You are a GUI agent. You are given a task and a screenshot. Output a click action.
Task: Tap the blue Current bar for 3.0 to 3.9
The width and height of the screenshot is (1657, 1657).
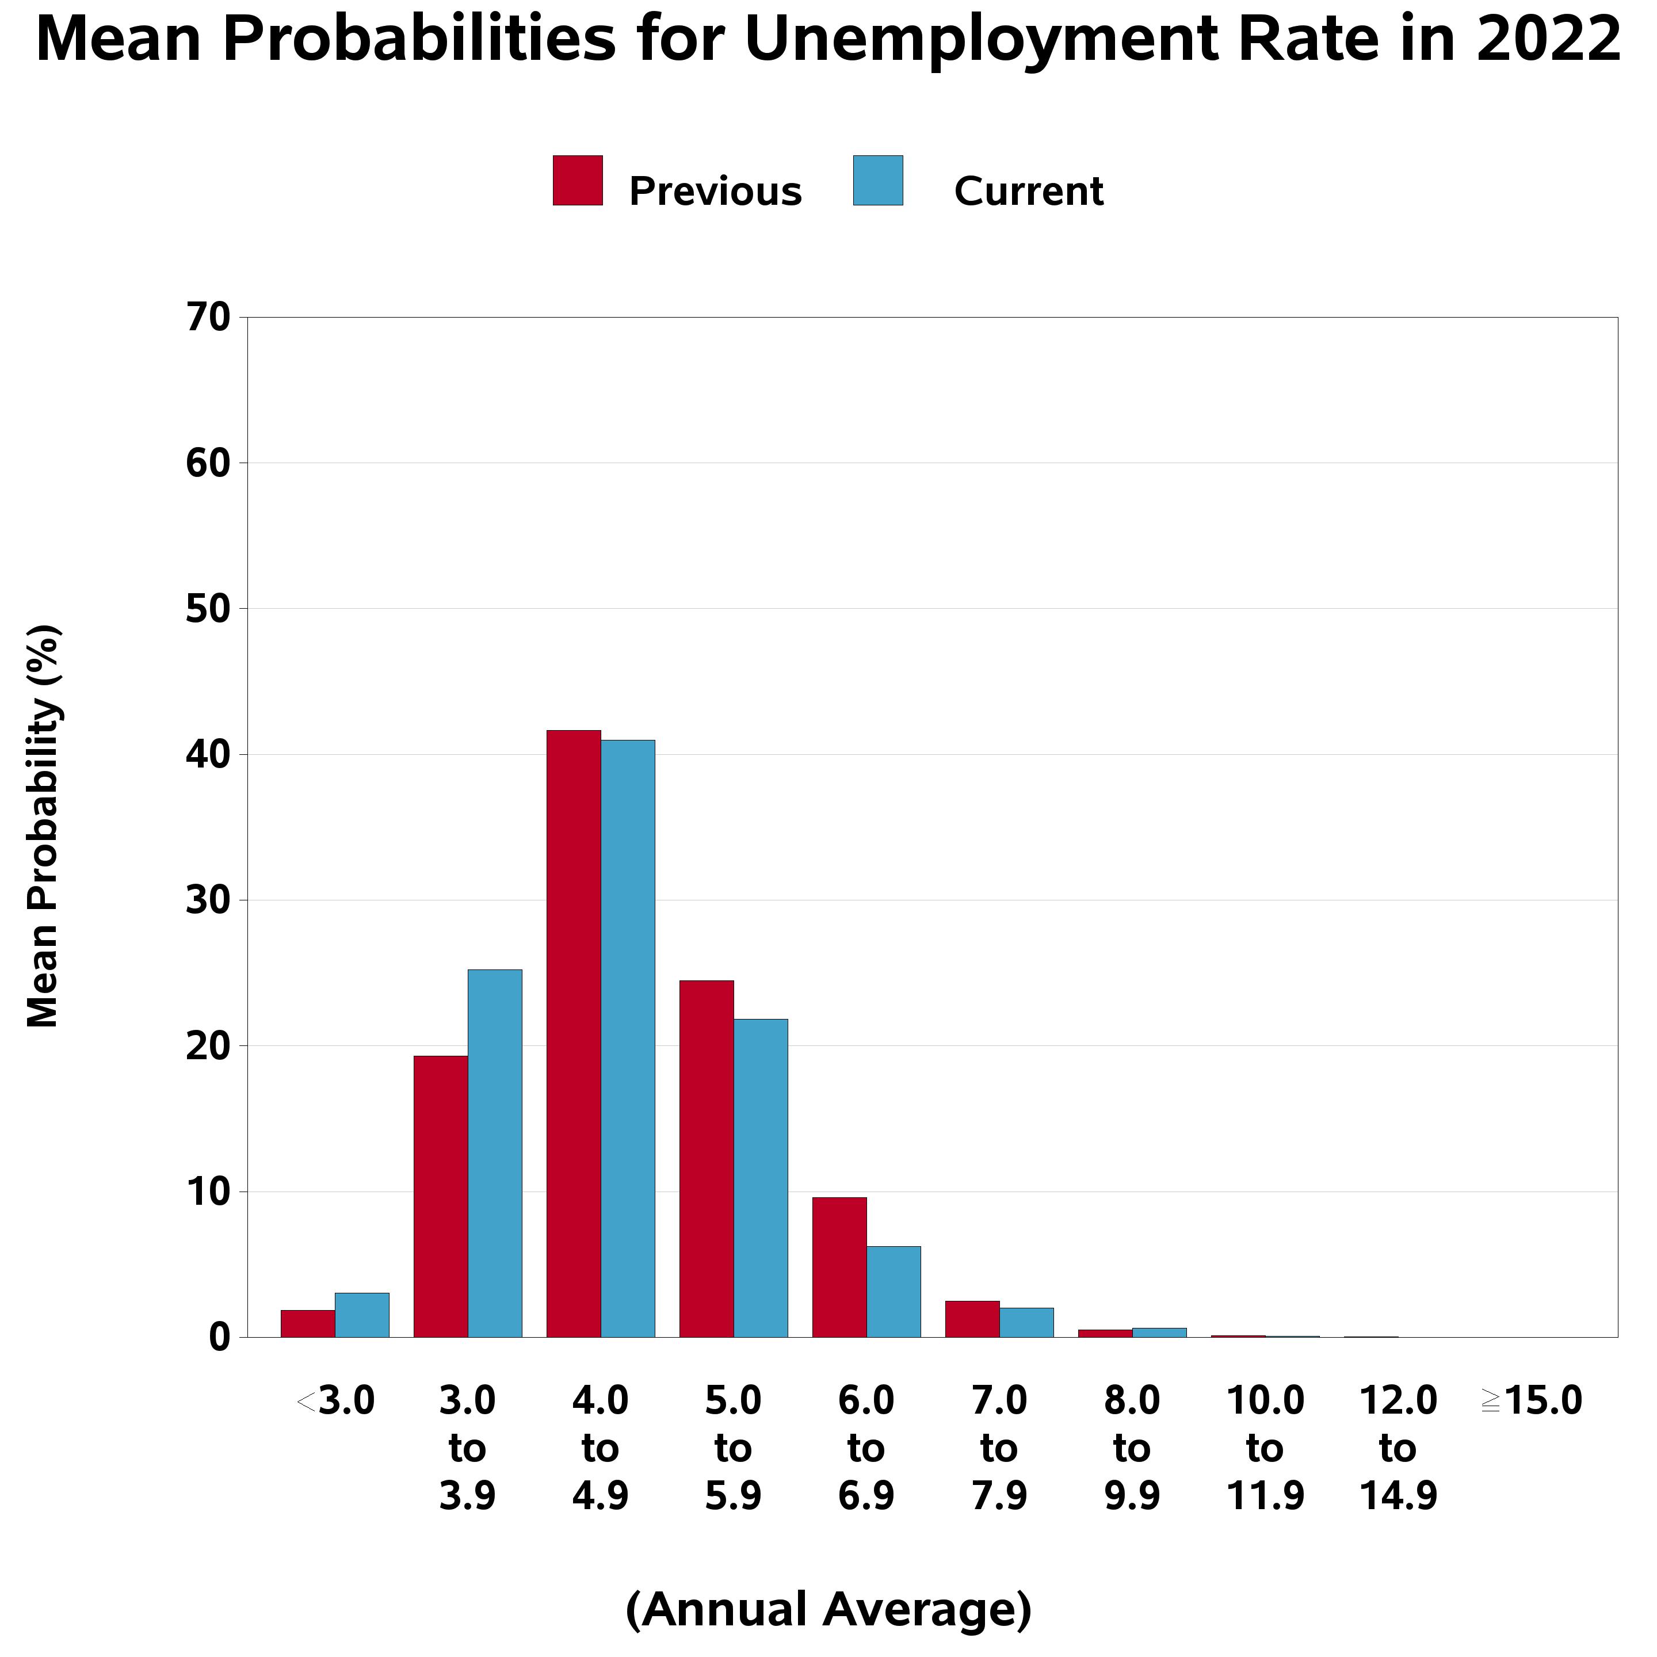[x=495, y=1154]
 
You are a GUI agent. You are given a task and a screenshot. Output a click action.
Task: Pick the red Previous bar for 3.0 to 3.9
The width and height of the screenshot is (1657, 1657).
[x=441, y=1197]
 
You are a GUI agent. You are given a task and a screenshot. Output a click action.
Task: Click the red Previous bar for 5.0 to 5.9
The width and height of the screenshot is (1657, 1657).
[x=707, y=1159]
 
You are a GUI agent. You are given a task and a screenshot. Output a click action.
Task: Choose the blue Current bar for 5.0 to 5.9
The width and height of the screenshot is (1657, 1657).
[x=761, y=1178]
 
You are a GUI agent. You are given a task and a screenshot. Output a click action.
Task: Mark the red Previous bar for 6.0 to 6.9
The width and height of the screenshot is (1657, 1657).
[x=839, y=1267]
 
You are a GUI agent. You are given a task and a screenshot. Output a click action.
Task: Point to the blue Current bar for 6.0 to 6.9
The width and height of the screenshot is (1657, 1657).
[x=894, y=1292]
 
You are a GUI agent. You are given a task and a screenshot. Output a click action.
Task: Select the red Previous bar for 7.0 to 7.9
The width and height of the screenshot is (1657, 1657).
[x=972, y=1319]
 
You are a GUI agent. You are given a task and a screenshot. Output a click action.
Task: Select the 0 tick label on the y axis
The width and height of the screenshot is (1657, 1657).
[x=220, y=1337]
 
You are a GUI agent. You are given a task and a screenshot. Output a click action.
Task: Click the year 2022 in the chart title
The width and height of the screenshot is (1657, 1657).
[x=1549, y=40]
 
